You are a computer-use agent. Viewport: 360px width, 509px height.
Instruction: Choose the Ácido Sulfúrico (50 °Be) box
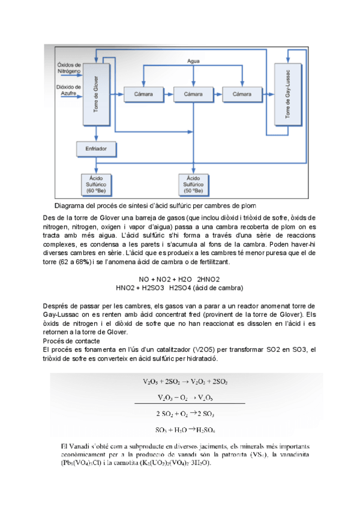[x=193, y=184]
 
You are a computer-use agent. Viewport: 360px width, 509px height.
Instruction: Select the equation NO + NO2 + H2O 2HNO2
[x=179, y=279]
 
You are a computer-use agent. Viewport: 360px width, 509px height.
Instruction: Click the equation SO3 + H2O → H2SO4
[x=186, y=429]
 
